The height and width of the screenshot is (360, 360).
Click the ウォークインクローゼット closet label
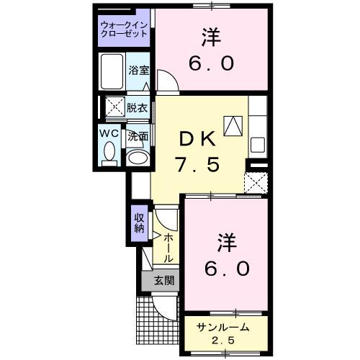coord(124,30)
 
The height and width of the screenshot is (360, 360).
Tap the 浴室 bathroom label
coord(138,71)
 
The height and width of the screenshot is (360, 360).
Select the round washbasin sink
coord(137,156)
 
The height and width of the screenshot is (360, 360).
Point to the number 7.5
coord(197,164)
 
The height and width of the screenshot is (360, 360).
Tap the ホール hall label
coord(167,247)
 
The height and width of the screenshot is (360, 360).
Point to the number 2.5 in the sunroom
coord(223,340)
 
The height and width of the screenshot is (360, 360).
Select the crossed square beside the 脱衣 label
coord(112,108)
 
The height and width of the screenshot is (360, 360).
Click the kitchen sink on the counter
coord(258,143)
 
